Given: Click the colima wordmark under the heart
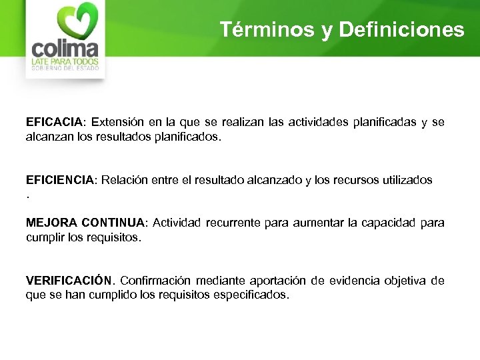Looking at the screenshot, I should coord(65,49).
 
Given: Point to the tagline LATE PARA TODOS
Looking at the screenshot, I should coord(65,62).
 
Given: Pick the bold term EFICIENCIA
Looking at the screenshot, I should coord(61,180).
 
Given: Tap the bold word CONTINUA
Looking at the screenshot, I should coord(112,223).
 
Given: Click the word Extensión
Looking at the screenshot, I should coord(117,123).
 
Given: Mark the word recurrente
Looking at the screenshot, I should coord(232,223).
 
